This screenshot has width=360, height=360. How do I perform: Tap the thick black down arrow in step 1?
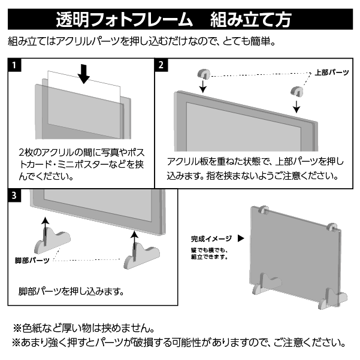tap(84, 72)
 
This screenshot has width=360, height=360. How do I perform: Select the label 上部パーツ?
tap(331, 72)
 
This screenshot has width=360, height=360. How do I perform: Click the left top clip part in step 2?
tap(204, 74)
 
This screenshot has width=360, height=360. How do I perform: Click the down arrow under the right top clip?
tap(296, 106)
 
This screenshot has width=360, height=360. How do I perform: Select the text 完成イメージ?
tap(210, 238)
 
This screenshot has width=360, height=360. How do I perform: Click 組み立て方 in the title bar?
tap(251, 19)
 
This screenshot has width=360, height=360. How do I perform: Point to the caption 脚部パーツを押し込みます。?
tap(71, 292)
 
